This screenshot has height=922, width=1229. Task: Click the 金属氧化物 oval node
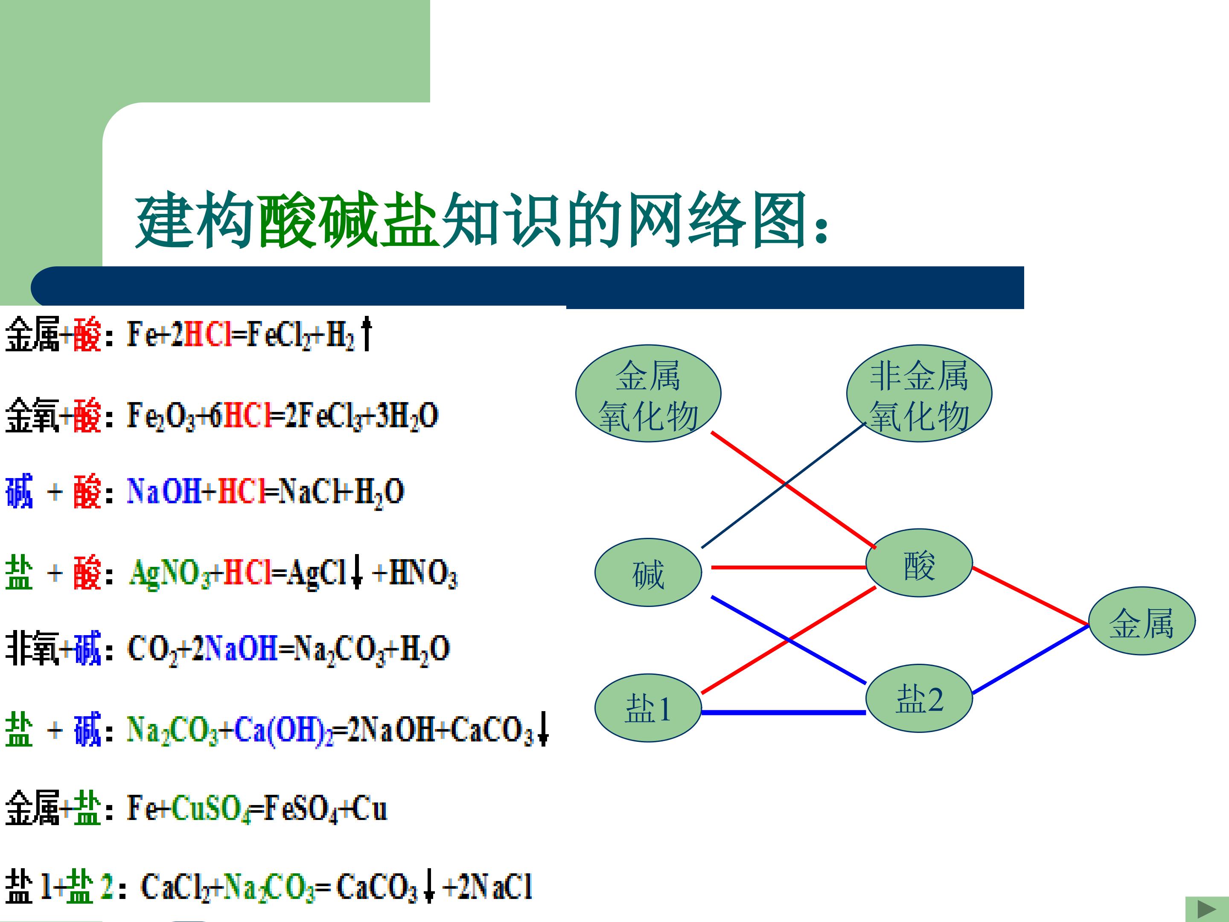click(648, 394)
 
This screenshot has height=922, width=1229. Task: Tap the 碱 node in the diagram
click(648, 572)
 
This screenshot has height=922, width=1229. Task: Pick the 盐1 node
click(648, 708)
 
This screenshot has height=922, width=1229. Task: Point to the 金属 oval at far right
click(1142, 621)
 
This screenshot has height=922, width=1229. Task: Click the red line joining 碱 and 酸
click(789, 567)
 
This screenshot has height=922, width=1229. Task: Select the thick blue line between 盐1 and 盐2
click(783, 712)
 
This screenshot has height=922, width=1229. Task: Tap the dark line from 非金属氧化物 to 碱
click(784, 485)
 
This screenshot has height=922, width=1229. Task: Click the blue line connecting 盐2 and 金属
click(1031, 659)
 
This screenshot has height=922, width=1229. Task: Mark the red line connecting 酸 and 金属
click(1031, 596)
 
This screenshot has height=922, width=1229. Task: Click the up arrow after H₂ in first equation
click(366, 333)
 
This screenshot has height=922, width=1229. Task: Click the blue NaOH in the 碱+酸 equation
click(164, 491)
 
